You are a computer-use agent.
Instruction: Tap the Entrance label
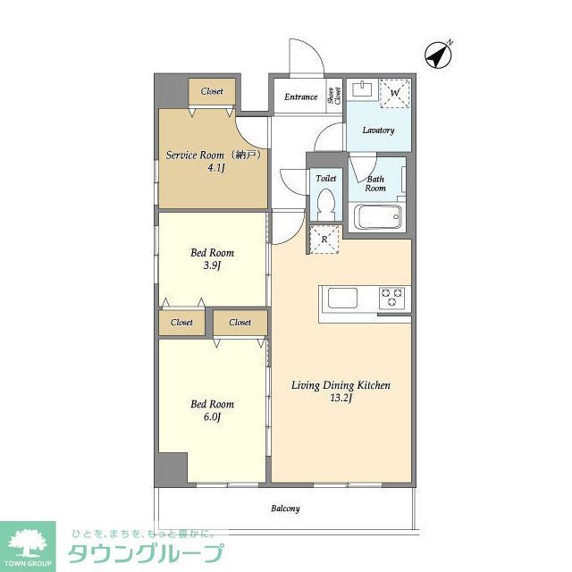tap(301, 97)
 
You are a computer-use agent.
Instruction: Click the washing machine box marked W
tap(395, 92)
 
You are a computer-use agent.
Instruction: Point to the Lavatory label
tap(378, 130)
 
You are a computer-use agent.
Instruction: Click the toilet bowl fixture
tap(325, 204)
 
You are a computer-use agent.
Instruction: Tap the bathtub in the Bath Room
tap(379, 217)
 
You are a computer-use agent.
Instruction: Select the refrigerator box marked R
tap(324, 240)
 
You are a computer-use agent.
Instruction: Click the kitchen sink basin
tap(343, 298)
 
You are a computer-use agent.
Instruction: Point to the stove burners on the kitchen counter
tap(392, 297)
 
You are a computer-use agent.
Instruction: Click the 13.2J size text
tap(341, 400)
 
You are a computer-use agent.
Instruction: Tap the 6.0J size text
tap(212, 416)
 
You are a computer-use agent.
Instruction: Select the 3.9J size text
tap(212, 265)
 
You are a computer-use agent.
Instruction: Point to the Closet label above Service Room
tap(212, 91)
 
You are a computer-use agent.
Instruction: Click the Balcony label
tap(285, 509)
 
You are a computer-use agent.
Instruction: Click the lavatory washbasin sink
tap(363, 88)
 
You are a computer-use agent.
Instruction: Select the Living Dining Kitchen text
tap(341, 386)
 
